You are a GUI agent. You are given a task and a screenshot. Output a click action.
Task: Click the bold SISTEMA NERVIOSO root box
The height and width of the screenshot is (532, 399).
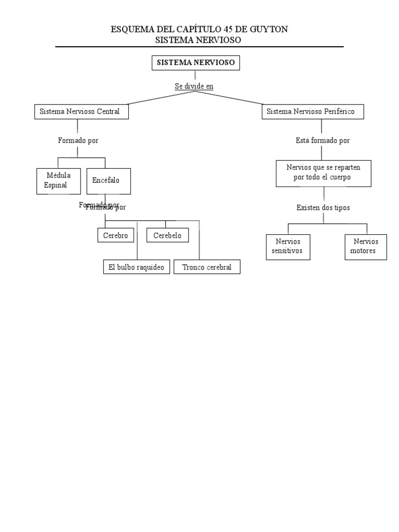point(196,63)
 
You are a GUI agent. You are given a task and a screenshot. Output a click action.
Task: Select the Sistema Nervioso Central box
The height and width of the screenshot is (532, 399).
point(81,112)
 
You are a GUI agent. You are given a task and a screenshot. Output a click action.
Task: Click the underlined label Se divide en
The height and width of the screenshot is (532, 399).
point(194,86)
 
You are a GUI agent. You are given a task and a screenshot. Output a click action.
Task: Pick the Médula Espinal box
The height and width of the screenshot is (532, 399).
point(59,181)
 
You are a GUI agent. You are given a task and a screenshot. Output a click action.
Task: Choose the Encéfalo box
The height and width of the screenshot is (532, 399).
point(108,181)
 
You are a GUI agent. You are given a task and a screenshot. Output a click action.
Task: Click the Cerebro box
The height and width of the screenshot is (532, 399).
point(115,235)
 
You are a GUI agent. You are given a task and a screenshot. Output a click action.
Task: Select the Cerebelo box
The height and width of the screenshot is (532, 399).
point(167,235)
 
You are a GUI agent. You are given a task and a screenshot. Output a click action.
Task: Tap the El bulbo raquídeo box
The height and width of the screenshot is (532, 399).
point(136,268)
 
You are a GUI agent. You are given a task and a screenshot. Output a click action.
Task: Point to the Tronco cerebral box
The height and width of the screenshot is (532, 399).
point(207,268)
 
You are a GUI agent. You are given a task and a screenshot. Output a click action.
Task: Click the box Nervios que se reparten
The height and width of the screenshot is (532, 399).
point(323,173)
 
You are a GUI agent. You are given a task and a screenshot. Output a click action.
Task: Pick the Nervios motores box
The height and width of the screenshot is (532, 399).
point(366,247)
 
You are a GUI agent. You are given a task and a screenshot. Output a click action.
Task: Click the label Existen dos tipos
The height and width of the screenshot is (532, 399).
point(323,208)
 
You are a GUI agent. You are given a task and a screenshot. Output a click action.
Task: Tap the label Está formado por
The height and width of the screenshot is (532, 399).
point(322,141)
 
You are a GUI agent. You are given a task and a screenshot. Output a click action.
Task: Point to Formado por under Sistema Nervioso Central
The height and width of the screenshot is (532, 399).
point(78,141)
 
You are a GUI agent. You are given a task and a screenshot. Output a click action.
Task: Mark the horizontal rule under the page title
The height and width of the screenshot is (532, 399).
point(199,47)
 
